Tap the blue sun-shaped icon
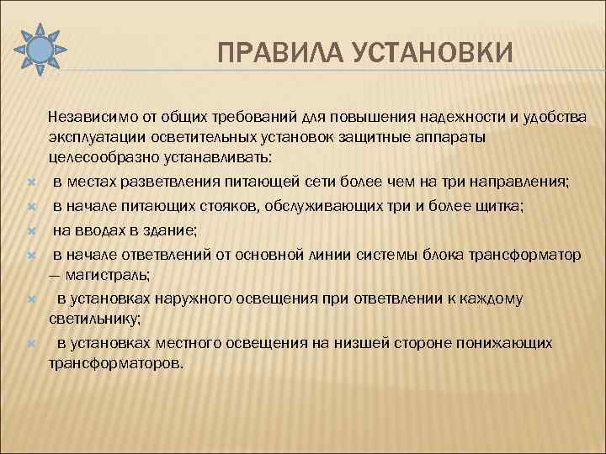click(39, 49)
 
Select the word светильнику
click(93, 319)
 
